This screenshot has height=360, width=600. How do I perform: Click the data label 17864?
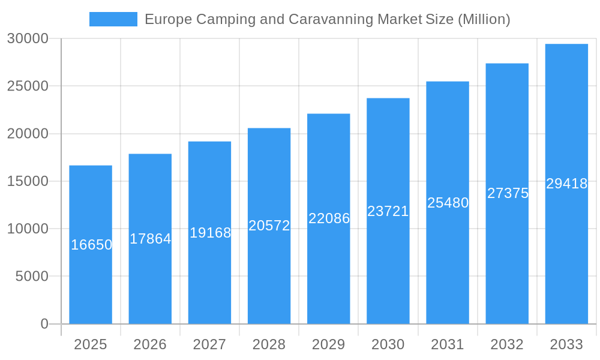151,239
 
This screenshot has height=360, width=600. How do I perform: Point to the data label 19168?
210,233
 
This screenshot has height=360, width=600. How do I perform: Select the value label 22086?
329,218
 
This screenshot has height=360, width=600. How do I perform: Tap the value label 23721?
388,211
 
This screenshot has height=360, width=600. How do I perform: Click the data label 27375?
508,193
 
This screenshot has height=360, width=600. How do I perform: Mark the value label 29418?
566,184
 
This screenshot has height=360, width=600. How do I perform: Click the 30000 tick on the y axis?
28,38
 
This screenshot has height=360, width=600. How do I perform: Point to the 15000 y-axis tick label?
28,181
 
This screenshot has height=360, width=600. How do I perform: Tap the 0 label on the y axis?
44,324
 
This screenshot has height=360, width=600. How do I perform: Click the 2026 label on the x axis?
150,344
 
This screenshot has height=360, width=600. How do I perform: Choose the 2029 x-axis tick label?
329,344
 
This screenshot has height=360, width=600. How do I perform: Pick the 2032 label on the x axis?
507,344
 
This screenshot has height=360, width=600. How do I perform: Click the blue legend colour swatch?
113,19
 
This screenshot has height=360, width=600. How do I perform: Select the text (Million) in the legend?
484,19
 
